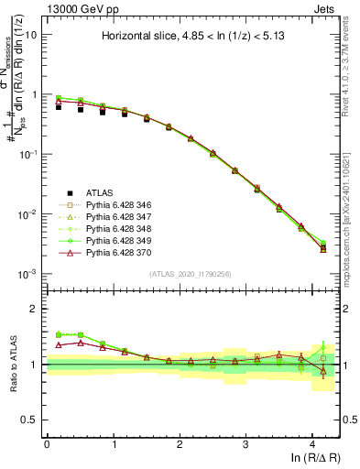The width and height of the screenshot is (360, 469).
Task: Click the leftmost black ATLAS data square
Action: [x=59, y=107]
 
